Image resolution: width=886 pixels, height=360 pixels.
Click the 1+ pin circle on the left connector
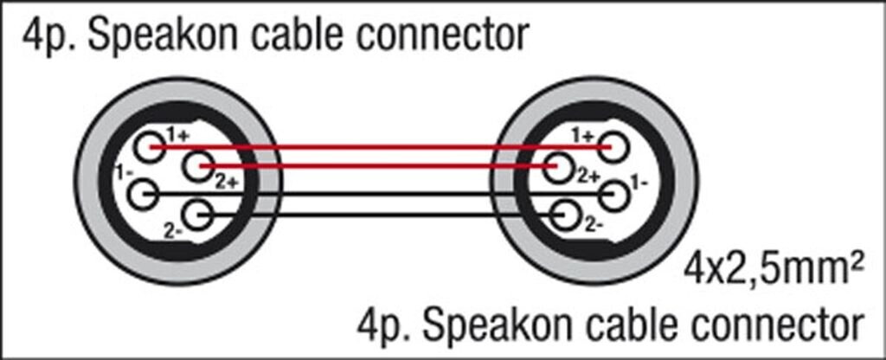click(x=153, y=145)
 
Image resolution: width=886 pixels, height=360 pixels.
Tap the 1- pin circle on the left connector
click(x=143, y=194)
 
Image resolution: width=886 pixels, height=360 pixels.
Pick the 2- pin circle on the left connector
click(x=198, y=213)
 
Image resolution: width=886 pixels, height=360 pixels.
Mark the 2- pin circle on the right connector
click(x=565, y=213)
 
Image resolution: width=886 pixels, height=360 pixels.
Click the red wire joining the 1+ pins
click(x=381, y=146)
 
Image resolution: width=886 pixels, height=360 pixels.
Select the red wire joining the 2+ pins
click(x=381, y=164)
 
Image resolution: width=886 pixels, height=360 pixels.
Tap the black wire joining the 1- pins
click(x=381, y=195)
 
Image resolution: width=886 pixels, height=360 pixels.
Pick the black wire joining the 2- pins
click(x=381, y=214)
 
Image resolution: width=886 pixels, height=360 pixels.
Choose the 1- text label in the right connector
click(x=639, y=183)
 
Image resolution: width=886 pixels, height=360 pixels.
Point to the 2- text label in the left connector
click(x=172, y=230)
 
